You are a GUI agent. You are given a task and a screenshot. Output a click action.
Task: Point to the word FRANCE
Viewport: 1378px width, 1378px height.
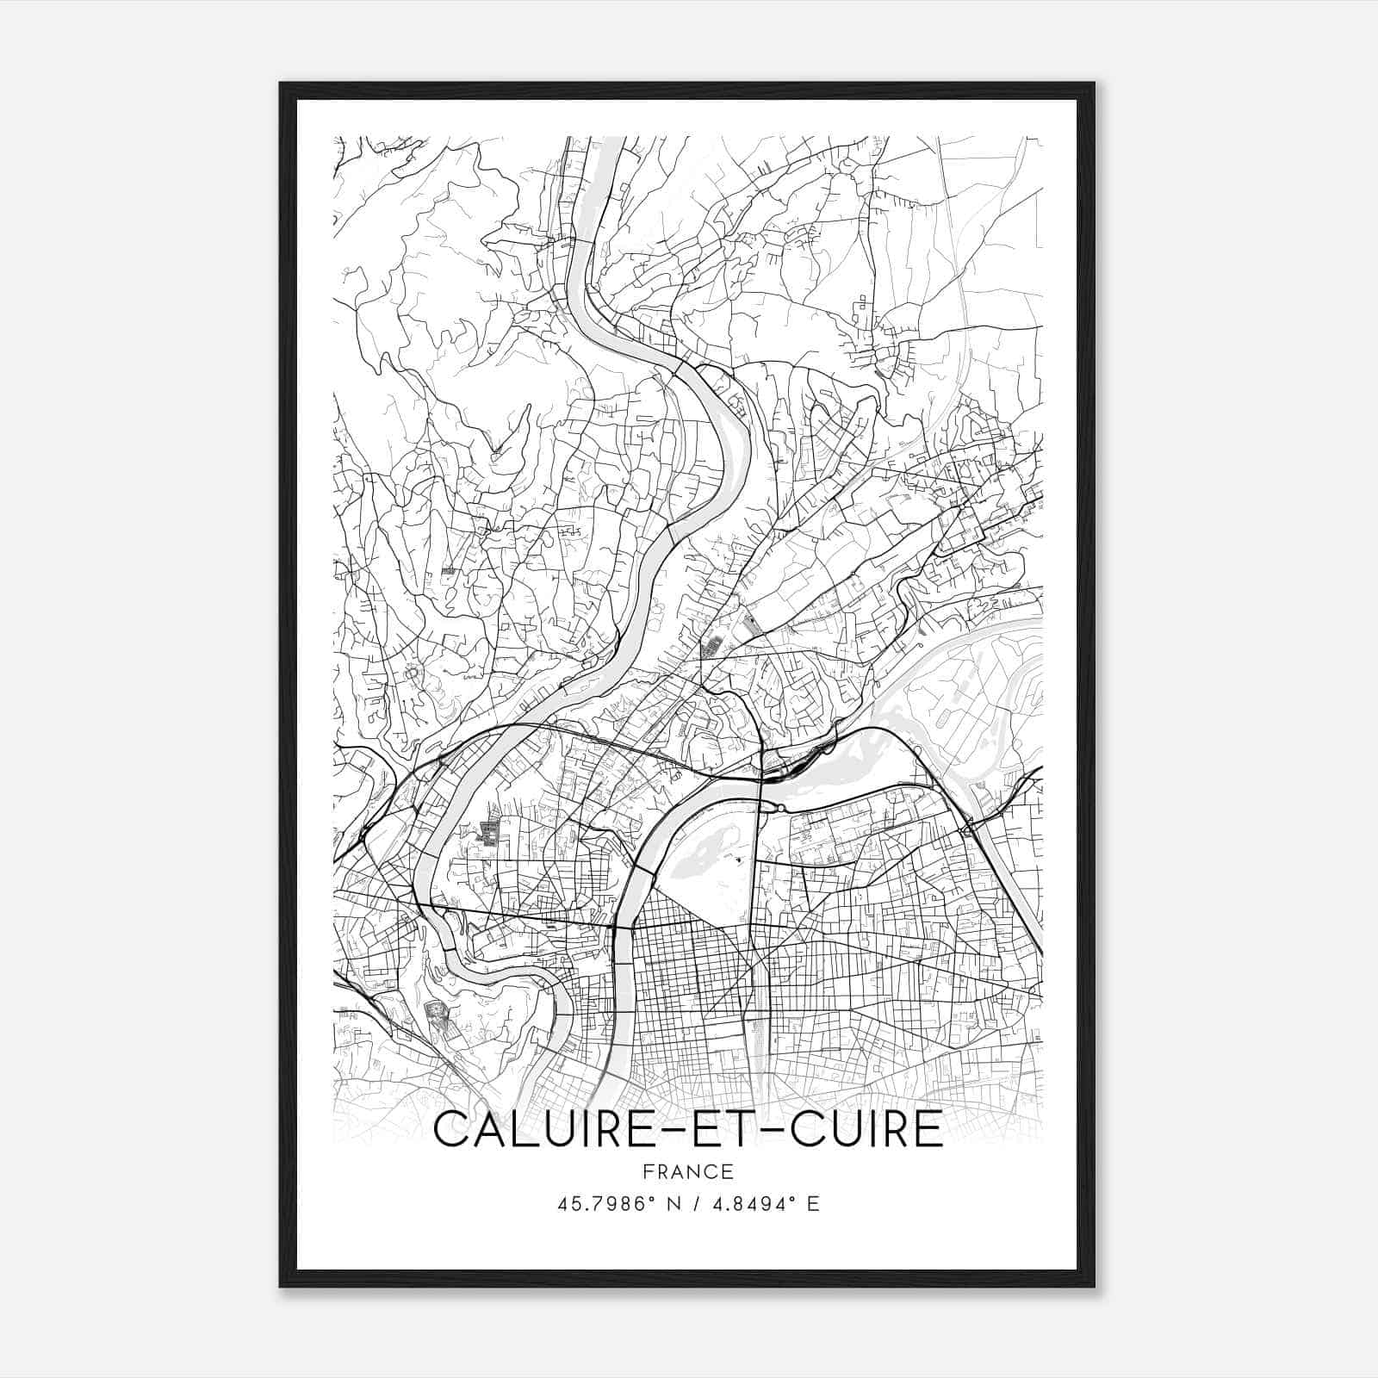(687, 1171)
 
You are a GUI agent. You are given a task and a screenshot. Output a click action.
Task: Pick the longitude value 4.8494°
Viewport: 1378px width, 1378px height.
(752, 1203)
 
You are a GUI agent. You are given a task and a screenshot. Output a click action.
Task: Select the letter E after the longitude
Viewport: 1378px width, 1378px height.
(813, 1203)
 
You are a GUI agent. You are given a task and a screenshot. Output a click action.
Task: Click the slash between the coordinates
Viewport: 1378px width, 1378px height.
(694, 1203)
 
